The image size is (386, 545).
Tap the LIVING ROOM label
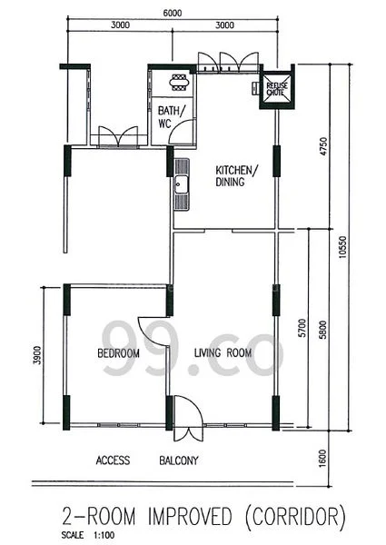[x=222, y=353]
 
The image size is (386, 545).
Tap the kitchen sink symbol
[x=182, y=184]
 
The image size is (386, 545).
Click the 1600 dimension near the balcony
[x=324, y=460]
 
